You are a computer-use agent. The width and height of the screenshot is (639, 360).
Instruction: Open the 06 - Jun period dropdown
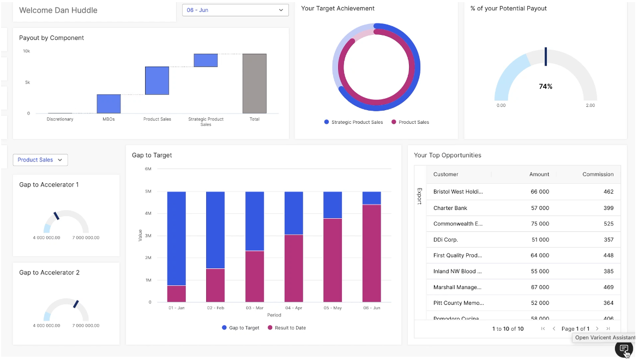[235, 10]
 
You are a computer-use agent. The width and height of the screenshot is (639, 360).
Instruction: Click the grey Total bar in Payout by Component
[254, 83]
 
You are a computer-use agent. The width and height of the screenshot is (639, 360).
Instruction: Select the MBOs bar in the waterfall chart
[108, 104]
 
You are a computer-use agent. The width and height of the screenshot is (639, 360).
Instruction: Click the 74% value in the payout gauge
[545, 87]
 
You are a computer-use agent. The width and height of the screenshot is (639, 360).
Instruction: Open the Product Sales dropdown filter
[40, 160]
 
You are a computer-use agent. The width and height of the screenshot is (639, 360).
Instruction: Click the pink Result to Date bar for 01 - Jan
[176, 293]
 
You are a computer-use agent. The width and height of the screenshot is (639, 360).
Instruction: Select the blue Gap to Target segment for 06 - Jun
[371, 198]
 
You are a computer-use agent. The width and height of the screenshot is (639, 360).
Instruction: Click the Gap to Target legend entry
[240, 328]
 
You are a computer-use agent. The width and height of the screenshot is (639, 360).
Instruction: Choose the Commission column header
[598, 175]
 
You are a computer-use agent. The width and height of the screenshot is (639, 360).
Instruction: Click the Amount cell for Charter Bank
[539, 208]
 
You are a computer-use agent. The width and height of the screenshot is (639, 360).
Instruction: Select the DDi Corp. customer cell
[445, 239]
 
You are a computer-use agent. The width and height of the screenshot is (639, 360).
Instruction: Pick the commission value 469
[608, 287]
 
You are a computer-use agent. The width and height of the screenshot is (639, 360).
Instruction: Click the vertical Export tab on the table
[419, 196]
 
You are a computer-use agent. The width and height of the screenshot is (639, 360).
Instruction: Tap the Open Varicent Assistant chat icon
[624, 349]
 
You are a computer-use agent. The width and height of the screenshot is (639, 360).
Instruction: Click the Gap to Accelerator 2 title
[49, 273]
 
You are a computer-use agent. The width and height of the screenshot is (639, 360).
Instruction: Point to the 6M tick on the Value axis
[148, 169]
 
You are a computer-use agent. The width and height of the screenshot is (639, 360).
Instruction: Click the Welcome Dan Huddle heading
[58, 10]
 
